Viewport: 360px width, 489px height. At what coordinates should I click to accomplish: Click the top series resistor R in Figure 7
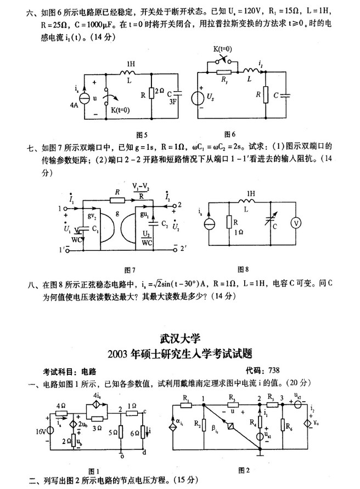(x=116, y=198)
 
